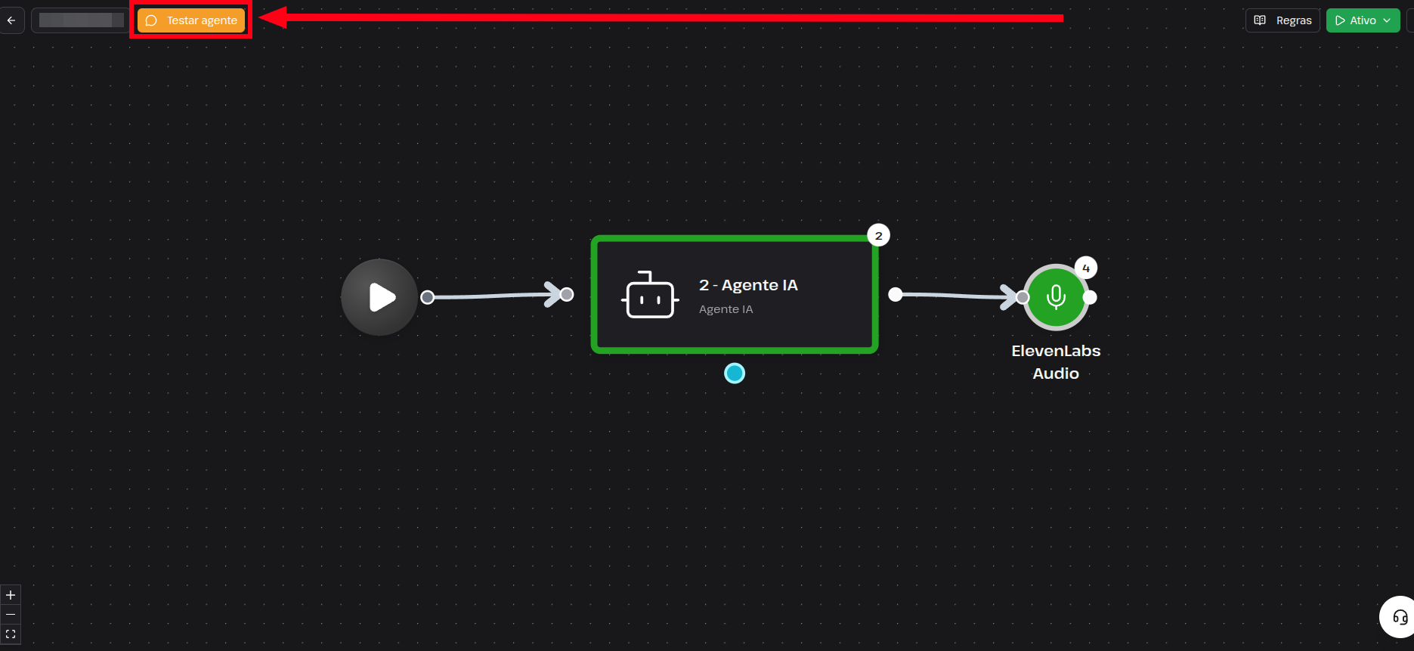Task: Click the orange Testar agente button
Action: [191, 20]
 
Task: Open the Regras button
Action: [1283, 20]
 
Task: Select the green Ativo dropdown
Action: [1363, 20]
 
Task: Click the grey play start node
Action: [379, 297]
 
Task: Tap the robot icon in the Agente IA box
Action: [649, 295]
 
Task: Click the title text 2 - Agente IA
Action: [748, 285]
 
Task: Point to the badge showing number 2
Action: [878, 236]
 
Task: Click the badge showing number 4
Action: [1086, 268]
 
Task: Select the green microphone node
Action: [1056, 297]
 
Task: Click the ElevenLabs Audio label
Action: [1056, 362]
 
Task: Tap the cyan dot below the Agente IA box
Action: [735, 374]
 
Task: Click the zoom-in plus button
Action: [11, 595]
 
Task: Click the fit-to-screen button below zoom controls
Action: [11, 634]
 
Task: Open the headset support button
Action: [1399, 618]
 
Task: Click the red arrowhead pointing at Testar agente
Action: [273, 17]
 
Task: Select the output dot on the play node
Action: [428, 297]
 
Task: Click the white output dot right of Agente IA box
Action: [896, 294]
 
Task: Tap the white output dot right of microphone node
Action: [1090, 297]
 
